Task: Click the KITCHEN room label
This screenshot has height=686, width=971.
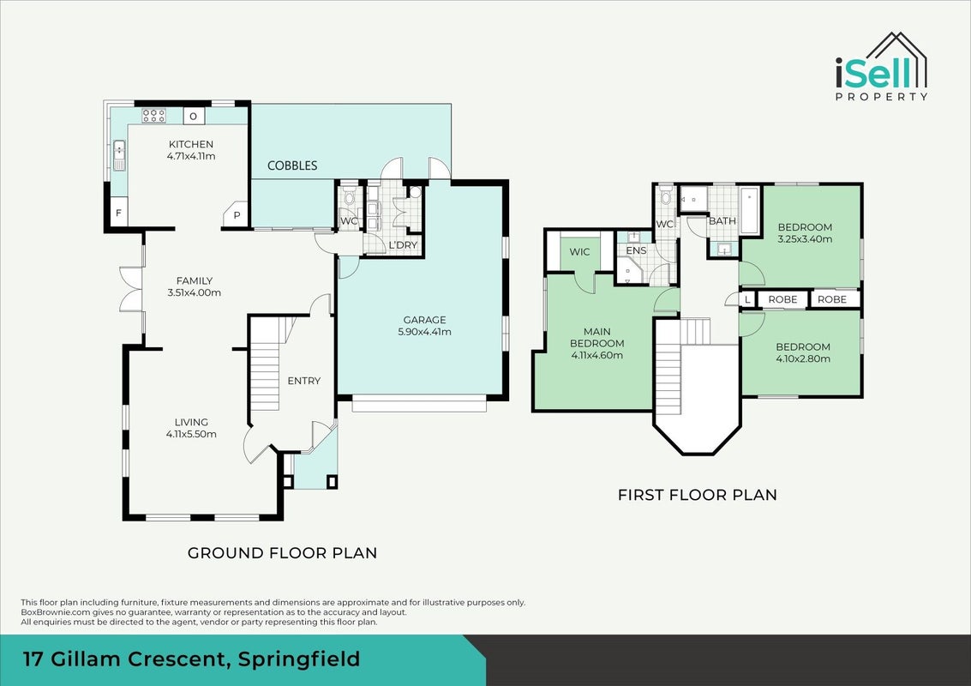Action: point(191,144)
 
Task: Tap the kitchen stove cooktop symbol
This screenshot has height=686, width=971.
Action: point(153,115)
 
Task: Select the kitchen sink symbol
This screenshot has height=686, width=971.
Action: point(119,155)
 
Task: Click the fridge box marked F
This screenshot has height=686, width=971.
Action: point(119,214)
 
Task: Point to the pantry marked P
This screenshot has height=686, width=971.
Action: point(236,214)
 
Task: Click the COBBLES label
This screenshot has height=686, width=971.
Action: point(292,165)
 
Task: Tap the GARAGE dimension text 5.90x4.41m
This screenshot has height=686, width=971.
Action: point(424,332)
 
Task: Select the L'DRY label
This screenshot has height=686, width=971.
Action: point(403,244)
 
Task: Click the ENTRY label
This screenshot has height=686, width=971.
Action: point(304,381)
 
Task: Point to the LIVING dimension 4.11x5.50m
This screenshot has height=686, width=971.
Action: point(191,434)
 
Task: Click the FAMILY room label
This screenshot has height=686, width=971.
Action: point(195,280)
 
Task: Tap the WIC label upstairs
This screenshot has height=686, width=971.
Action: point(579,251)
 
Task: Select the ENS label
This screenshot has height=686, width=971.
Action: point(636,250)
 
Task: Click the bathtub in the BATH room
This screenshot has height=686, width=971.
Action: point(749,210)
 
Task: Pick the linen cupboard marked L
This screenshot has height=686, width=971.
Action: point(747,299)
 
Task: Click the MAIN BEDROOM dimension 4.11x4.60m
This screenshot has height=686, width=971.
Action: point(597,355)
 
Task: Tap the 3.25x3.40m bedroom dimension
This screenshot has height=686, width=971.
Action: point(805,238)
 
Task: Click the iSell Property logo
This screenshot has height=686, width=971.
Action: point(881,67)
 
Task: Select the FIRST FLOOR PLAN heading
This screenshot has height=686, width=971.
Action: point(698,495)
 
